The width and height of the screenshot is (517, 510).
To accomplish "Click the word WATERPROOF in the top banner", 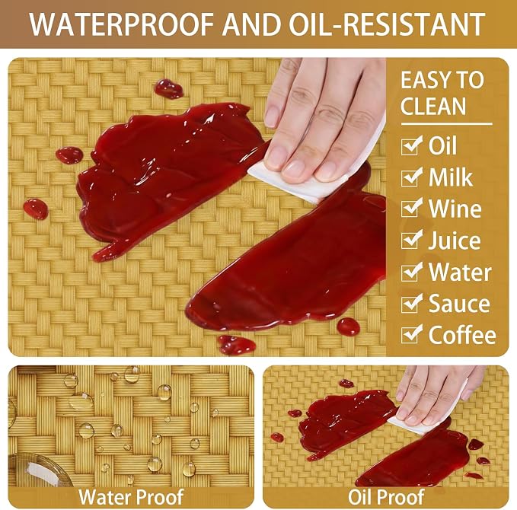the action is [121, 24].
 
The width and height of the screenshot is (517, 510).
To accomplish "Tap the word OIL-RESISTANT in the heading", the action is [388, 24].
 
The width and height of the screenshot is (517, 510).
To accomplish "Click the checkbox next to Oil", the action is [411, 145].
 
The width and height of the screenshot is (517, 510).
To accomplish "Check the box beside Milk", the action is [411, 177].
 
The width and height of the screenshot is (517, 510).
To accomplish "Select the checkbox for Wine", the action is [411, 209].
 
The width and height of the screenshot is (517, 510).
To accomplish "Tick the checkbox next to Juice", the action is [411, 240].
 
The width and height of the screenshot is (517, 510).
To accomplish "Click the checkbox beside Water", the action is [411, 272].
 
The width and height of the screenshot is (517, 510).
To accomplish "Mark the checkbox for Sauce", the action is [411, 303].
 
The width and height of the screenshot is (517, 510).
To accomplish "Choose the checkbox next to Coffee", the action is [411, 334].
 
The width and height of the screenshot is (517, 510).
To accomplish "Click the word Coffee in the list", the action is [462, 335].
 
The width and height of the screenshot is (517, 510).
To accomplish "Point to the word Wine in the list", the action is [455, 209].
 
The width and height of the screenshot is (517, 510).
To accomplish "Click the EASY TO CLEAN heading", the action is [442, 93].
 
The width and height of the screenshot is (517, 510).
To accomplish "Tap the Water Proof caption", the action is [131, 497].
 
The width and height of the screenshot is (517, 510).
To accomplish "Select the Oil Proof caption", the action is [386, 497].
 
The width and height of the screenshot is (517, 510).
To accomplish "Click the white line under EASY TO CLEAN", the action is [446, 124].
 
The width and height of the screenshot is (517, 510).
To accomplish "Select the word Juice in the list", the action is [455, 241].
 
